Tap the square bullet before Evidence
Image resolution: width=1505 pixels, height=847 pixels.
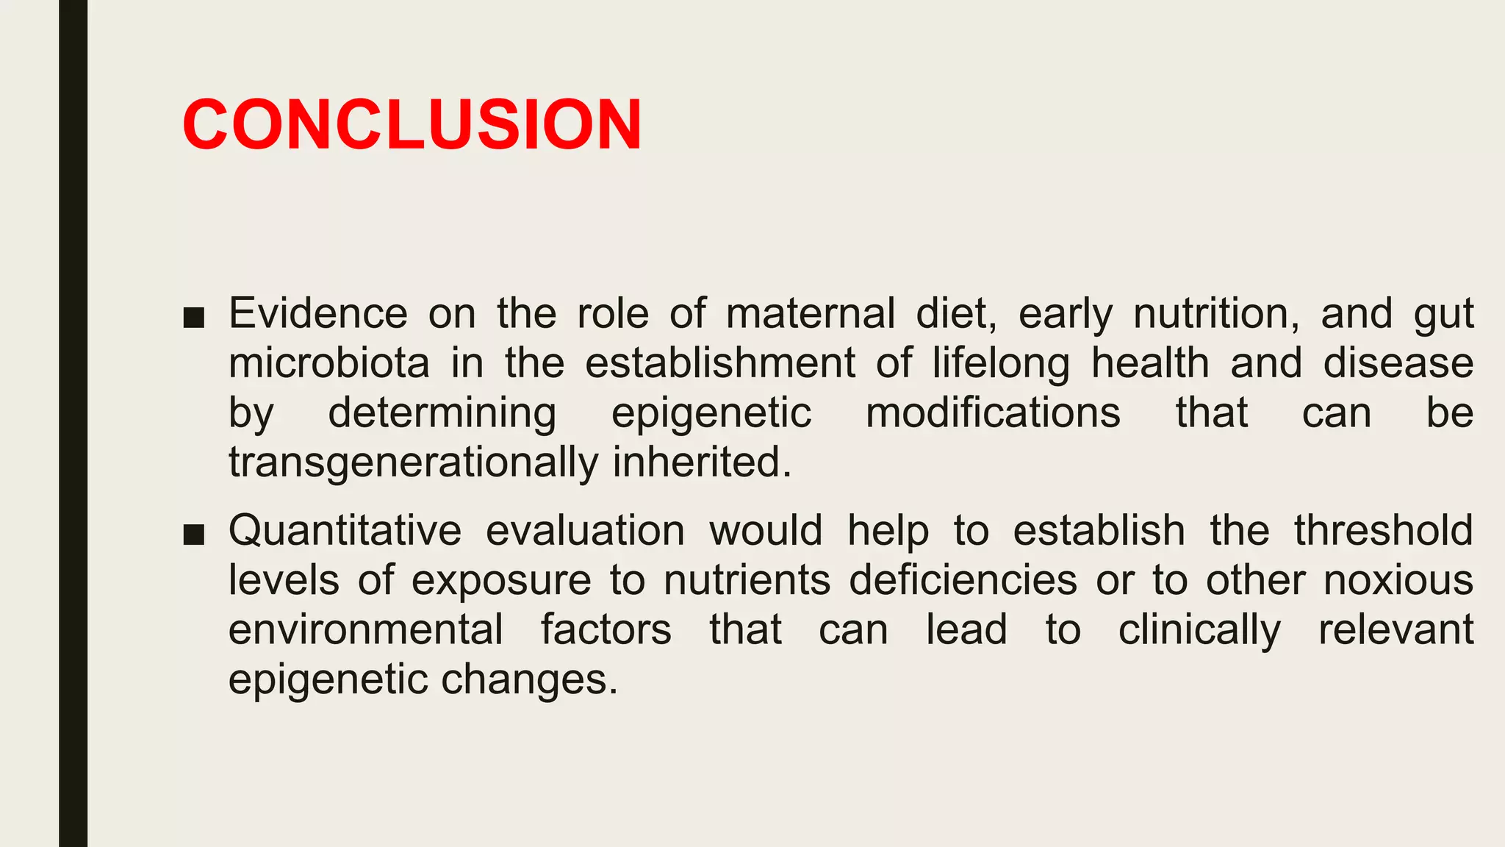194,317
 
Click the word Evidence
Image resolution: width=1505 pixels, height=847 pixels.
318,313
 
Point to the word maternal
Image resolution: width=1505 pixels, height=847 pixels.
811,313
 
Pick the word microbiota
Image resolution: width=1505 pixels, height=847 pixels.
328,363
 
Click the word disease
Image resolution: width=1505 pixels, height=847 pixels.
1398,363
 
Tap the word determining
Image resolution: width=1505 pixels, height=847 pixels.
442,413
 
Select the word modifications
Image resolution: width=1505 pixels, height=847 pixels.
993,412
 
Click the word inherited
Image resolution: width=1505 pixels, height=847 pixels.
702,462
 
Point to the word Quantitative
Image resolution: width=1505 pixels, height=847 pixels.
345,531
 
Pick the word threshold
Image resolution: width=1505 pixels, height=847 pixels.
1384,530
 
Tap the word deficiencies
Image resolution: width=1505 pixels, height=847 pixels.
963,581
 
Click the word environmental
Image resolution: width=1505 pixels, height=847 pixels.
366,630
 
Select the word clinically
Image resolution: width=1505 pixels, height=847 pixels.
1199,631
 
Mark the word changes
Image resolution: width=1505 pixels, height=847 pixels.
529,680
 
